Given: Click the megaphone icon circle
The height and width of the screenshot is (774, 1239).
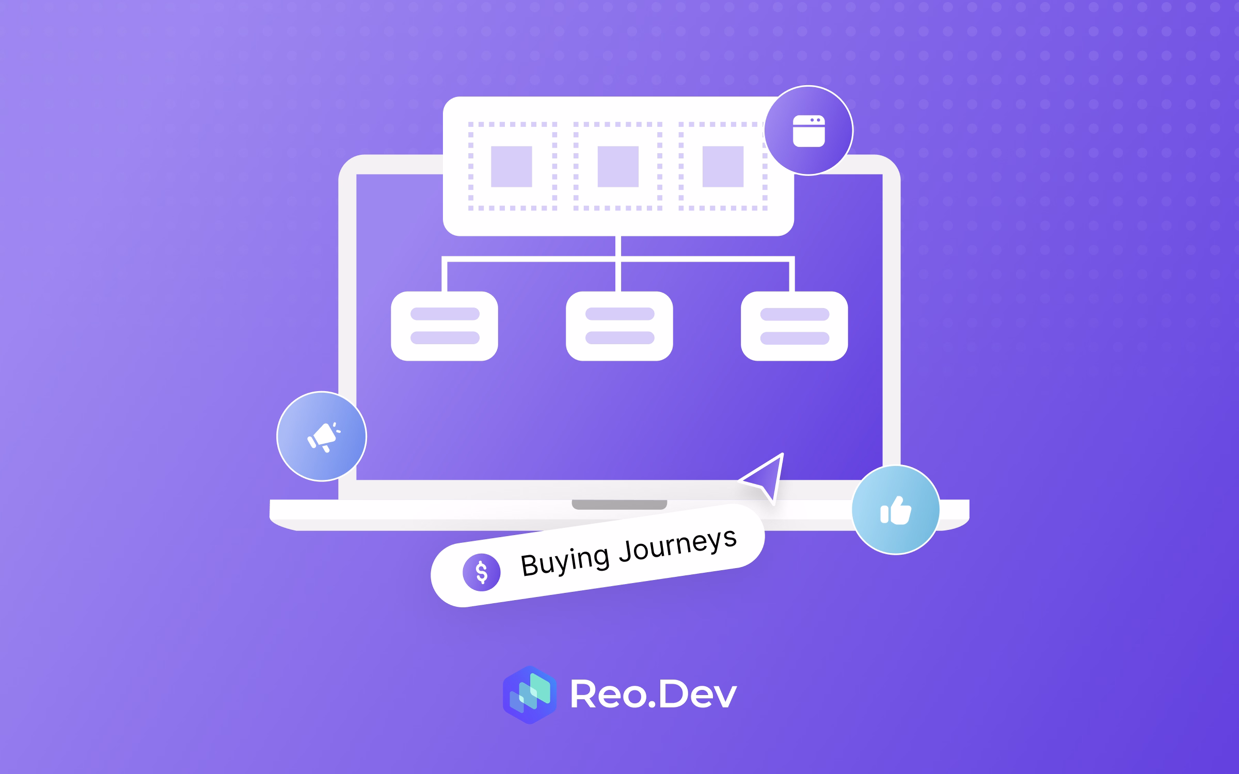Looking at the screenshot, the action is click(x=321, y=437).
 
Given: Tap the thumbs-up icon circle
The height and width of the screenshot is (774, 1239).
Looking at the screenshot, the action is click(x=895, y=510).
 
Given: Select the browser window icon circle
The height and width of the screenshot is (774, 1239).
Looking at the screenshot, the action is click(x=808, y=131).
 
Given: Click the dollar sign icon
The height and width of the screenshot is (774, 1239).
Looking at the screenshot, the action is click(x=481, y=572).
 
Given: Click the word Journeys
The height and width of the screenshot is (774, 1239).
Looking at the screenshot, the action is click(x=678, y=543).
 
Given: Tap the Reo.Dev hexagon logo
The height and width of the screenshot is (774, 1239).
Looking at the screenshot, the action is click(x=530, y=695).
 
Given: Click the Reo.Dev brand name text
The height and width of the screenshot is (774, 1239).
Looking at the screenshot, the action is click(x=653, y=695).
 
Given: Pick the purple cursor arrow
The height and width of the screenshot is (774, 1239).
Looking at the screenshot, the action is click(x=766, y=477).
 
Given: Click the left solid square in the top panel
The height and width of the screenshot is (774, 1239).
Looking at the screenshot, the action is click(x=511, y=167).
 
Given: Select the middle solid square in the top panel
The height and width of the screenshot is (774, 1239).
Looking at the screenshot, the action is click(x=618, y=167).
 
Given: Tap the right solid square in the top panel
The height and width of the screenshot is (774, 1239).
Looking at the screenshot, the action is click(x=723, y=167).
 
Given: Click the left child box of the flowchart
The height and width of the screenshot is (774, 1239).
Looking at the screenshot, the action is click(x=444, y=326).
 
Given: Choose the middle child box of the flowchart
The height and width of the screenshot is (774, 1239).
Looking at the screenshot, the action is click(x=619, y=326).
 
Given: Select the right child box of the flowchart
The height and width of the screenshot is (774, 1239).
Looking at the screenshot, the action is click(x=795, y=326).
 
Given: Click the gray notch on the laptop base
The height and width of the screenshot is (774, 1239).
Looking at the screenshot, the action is click(x=619, y=504).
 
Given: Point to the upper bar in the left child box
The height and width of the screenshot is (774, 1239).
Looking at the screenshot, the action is click(x=444, y=314).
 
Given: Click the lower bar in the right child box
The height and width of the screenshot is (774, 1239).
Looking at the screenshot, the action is click(x=795, y=338).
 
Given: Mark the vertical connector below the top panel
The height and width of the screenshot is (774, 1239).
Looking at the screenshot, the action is click(x=618, y=247).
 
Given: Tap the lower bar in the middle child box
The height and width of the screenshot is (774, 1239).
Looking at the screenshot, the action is click(x=619, y=338).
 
